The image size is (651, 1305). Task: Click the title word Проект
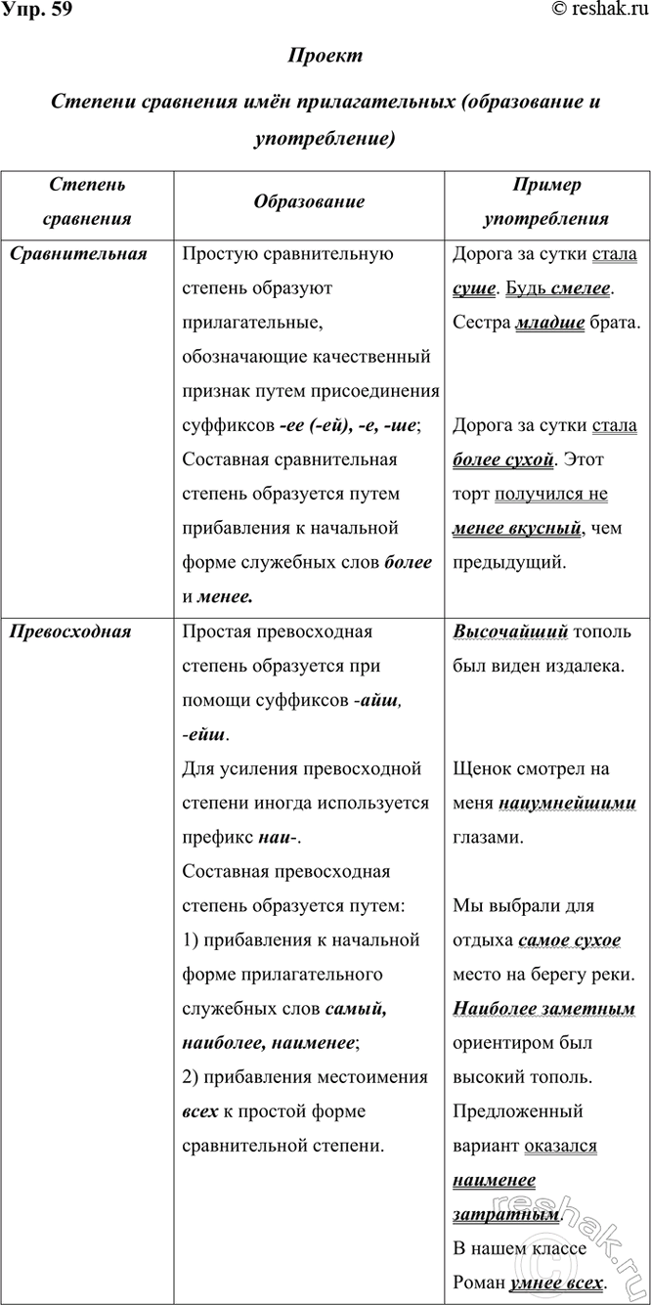[325, 56]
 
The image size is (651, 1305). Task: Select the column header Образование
[309, 202]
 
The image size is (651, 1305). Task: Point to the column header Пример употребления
[545, 202]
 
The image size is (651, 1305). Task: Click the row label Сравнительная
[78, 255]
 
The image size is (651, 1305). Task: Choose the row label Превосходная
[70, 631]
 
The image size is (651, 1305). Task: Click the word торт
[472, 495]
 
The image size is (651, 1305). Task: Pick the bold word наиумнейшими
[567, 804]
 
